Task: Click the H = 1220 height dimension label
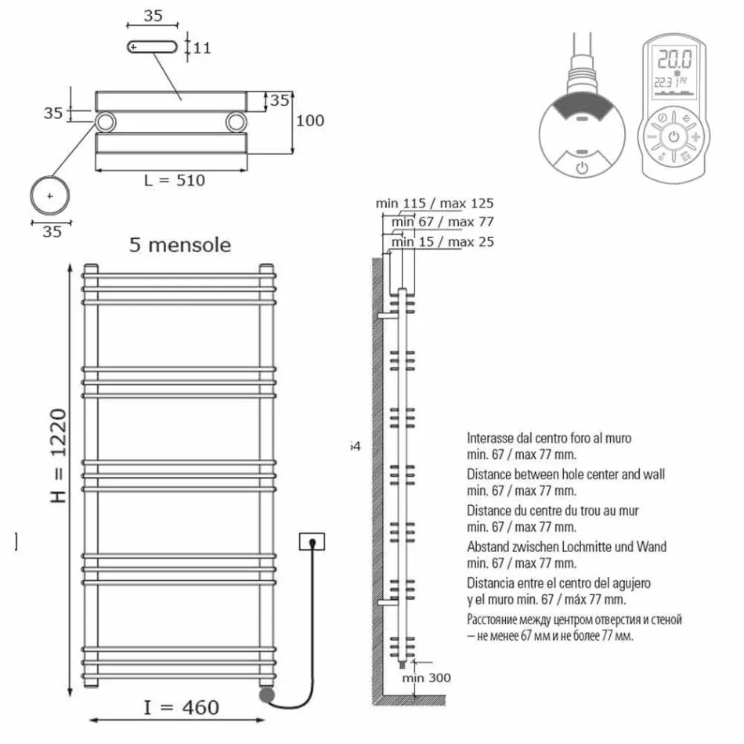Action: pos(59,456)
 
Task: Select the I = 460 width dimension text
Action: pos(181,707)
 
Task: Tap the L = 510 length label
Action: pos(174,180)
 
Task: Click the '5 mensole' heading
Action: pos(180,245)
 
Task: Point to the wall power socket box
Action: pos(312,541)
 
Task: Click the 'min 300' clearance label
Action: pos(427,677)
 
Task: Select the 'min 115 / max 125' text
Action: pos(435,204)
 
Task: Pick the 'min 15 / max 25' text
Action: pos(442,242)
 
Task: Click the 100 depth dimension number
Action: pos(309,121)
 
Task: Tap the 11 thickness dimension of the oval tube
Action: pos(201,48)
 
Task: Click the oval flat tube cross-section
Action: pos(153,48)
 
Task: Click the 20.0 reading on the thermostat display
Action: pos(674,60)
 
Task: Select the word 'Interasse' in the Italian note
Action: pos(490,439)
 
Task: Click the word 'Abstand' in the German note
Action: pos(488,547)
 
